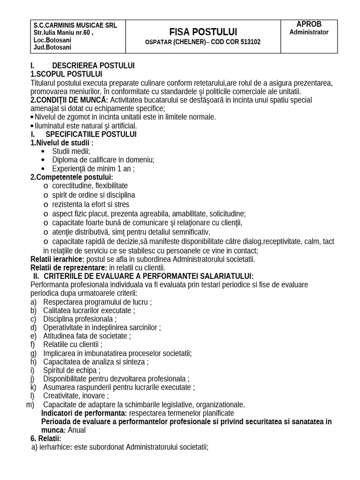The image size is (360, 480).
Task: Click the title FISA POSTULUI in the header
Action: [203, 32]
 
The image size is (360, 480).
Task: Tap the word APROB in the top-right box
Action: [309, 24]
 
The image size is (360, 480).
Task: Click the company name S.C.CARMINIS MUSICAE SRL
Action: [75, 25]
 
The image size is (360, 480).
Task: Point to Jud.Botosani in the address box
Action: [51, 48]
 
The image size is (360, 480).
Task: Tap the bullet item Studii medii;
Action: [71, 151]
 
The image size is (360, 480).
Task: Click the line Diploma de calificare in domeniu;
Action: [103, 159]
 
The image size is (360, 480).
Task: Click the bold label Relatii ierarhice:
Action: [57, 259]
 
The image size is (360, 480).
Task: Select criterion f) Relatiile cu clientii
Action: [73, 344]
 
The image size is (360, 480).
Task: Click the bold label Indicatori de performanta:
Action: [84, 413]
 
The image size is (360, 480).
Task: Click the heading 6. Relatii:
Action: [46, 438]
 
